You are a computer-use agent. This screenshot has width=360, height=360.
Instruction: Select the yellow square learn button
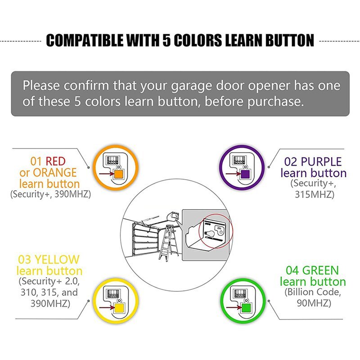tap(119, 309)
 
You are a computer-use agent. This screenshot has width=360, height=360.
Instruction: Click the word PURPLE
tap(321, 162)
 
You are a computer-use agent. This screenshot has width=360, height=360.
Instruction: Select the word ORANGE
tap(54, 172)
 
